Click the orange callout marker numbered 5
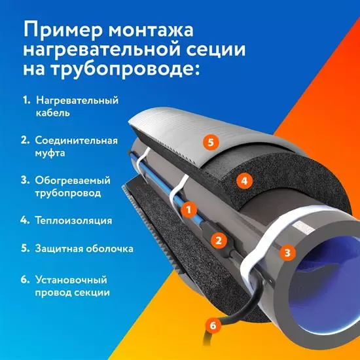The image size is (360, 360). pyautogui.click(x=211, y=142)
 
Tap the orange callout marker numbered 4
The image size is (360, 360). pyautogui.click(x=245, y=181)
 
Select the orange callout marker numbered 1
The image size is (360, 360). pyautogui.click(x=189, y=209)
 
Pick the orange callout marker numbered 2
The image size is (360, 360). pyautogui.click(x=219, y=240)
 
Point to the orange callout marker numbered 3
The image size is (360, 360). pyautogui.click(x=287, y=253)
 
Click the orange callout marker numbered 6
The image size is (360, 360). pyautogui.click(x=213, y=325)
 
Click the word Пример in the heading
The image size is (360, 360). pyautogui.click(x=62, y=31)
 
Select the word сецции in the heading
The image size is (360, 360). pyautogui.click(x=215, y=49)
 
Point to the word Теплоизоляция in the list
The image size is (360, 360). pyautogui.click(x=73, y=221)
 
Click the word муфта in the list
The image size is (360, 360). pyautogui.click(x=50, y=153)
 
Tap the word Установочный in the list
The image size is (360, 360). pyautogui.click(x=71, y=280)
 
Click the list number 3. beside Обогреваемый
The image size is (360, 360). pyautogui.click(x=25, y=180)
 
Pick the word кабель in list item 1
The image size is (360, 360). pyautogui.click(x=53, y=113)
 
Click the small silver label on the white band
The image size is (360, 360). pyautogui.click(x=302, y=228)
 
